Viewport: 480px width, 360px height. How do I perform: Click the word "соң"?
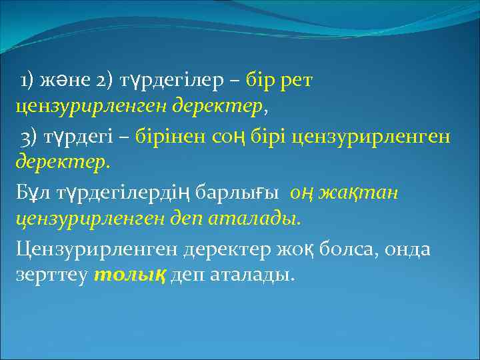coord(227,137)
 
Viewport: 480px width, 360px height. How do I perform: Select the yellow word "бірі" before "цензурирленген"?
coord(268,137)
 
